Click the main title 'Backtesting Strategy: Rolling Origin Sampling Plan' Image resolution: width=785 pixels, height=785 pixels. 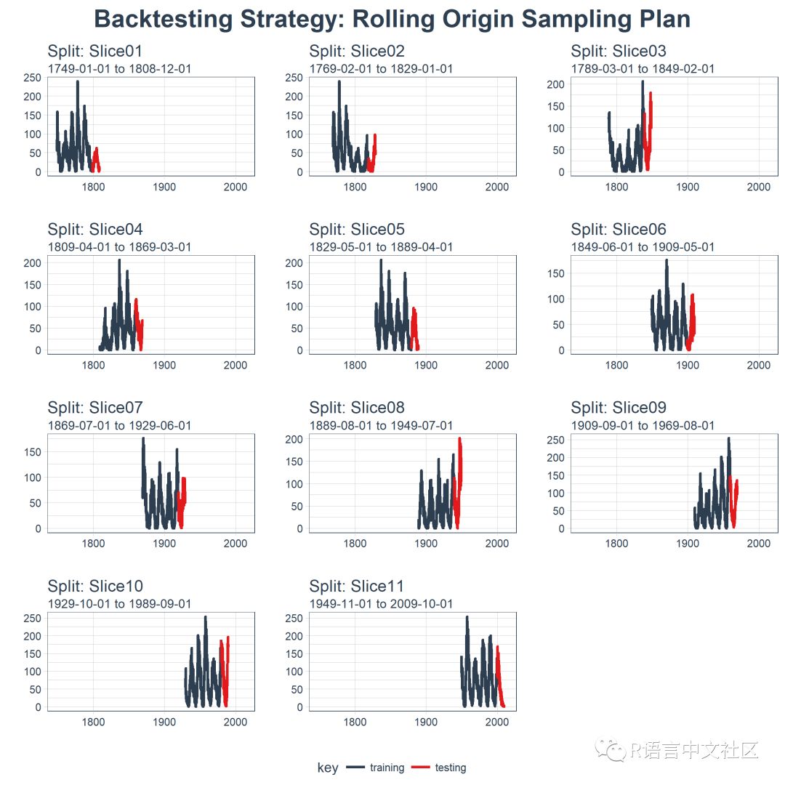coord(392,20)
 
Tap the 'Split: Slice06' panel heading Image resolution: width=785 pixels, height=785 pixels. coord(618,230)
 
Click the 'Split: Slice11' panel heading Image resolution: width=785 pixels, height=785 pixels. coord(356,587)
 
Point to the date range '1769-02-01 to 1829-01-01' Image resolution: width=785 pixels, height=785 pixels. coord(381,69)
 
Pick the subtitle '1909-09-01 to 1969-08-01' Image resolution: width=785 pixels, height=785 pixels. coord(643,426)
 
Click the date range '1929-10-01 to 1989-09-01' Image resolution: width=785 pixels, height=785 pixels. coord(119,604)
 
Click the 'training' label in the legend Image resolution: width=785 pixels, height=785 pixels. coord(387,768)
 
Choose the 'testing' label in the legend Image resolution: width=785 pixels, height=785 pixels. coord(451,768)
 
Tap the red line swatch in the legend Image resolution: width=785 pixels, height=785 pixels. coord(422,768)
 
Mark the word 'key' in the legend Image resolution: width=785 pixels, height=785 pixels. coord(328,768)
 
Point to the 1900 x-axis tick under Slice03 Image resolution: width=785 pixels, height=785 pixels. coord(688,187)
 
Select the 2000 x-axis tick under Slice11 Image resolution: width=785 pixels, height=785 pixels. coord(496,722)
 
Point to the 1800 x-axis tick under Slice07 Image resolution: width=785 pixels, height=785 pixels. coord(94,544)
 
